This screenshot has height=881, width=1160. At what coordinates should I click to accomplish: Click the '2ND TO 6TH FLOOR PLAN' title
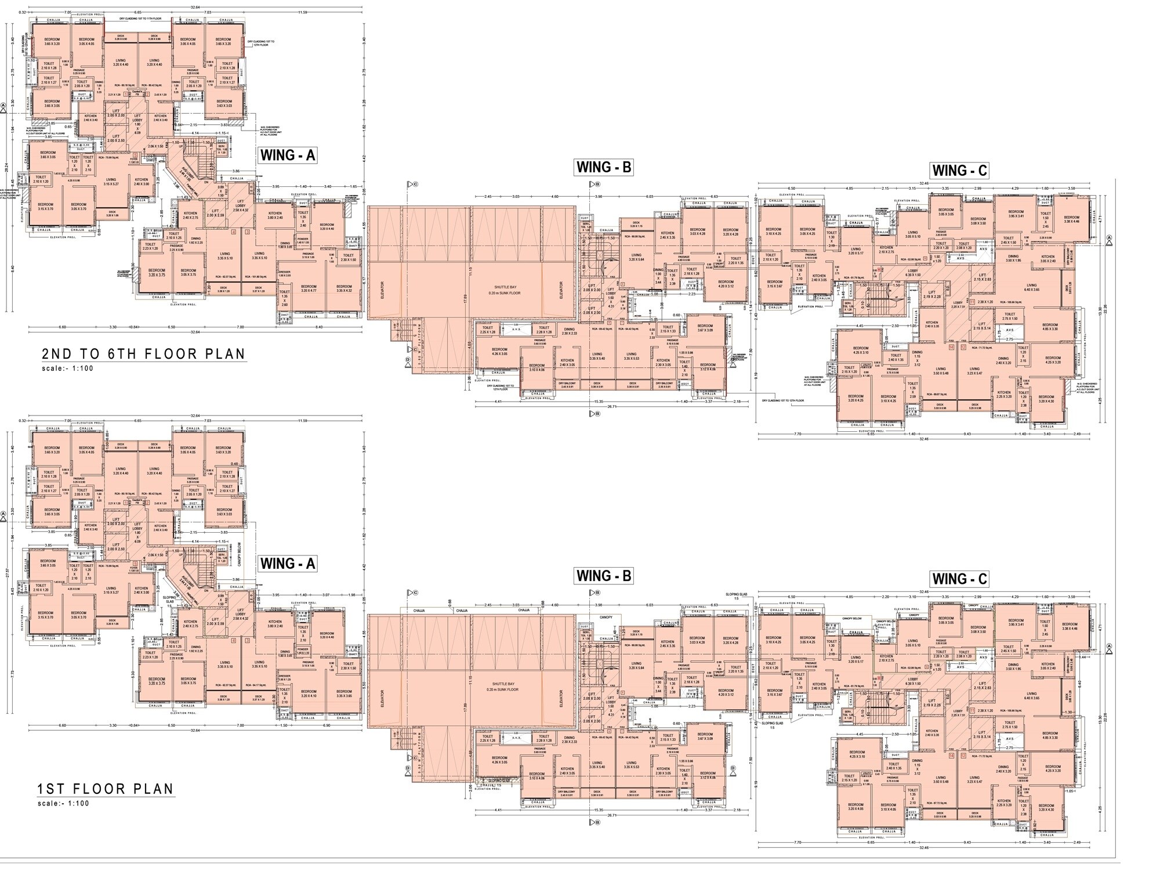pyautogui.click(x=143, y=354)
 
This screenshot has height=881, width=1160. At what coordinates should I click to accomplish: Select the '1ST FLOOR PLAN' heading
pyautogui.click(x=106, y=789)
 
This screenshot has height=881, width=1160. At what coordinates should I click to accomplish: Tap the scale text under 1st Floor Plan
pyautogui.click(x=64, y=803)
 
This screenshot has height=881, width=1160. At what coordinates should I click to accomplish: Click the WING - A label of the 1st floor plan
pyautogui.click(x=288, y=564)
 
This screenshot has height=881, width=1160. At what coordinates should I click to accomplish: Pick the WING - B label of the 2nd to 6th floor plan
pyautogui.click(x=603, y=168)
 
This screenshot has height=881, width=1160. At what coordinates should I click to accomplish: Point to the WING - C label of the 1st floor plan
pyautogui.click(x=959, y=579)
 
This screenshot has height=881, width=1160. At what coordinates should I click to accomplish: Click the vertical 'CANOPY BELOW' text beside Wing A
pyautogui.click(x=239, y=555)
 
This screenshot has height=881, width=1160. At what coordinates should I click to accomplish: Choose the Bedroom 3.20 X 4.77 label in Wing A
pyautogui.click(x=309, y=288)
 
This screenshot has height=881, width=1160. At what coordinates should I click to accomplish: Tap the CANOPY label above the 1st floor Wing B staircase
pyautogui.click(x=606, y=617)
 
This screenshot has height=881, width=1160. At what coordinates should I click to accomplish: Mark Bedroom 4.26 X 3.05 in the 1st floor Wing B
pyautogui.click(x=499, y=760)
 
